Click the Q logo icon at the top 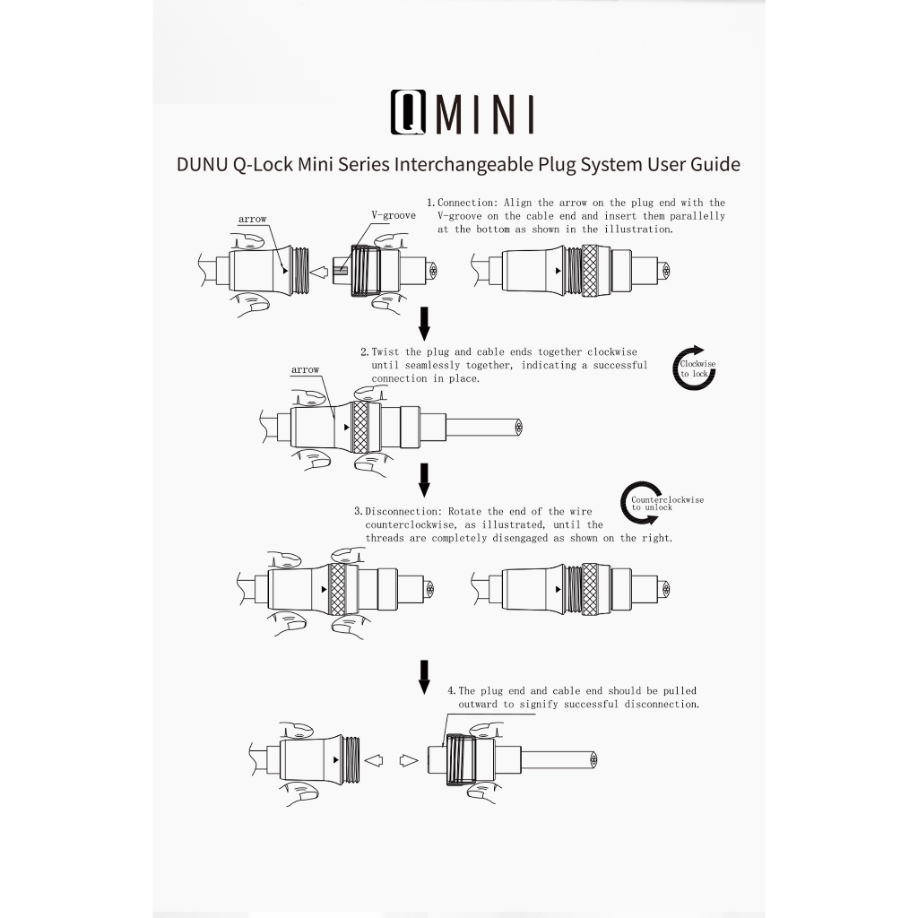pos(408,112)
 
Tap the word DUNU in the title pos(202,164)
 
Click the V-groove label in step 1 pos(394,215)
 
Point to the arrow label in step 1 pos(252,219)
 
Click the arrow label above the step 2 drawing pos(305,369)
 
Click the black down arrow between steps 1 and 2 pos(424,323)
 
